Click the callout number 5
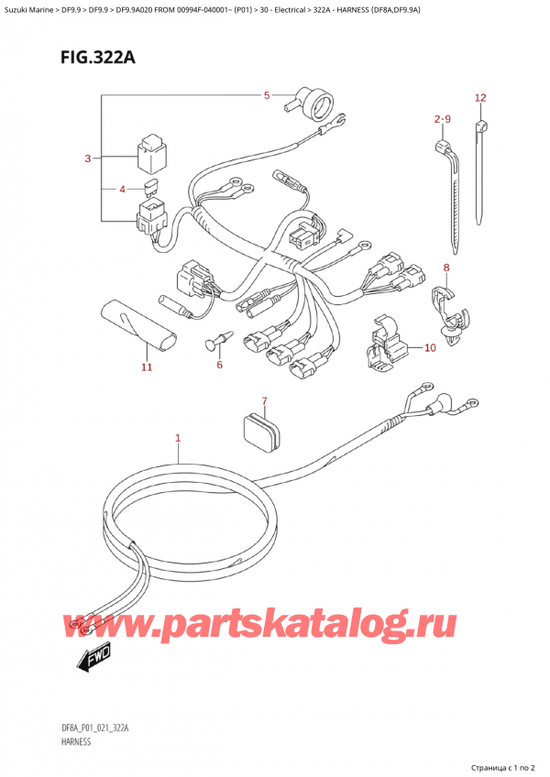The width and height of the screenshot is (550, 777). click(x=267, y=95)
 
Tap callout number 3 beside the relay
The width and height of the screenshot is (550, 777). click(x=88, y=159)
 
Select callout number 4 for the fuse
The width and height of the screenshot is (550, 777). click(x=123, y=189)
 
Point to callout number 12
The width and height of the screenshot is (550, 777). click(x=480, y=98)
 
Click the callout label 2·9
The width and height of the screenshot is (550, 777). click(x=442, y=119)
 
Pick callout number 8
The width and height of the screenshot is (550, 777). click(x=446, y=268)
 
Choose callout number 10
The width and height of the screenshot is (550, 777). click(x=430, y=348)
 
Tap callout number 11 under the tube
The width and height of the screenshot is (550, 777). click(x=147, y=367)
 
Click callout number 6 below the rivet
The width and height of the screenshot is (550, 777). click(x=220, y=365)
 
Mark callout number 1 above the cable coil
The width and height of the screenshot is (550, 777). click(x=178, y=438)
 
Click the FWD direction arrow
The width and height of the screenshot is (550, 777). click(x=93, y=659)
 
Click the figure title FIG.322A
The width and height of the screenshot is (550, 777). click(x=98, y=58)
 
